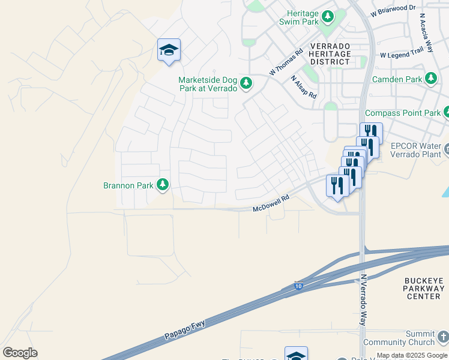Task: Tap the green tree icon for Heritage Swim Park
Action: pyautogui.click(x=328, y=17)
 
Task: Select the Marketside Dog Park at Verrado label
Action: pyautogui.click(x=208, y=83)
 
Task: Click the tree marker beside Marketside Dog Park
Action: pyautogui.click(x=246, y=83)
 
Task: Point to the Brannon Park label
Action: pyautogui.click(x=128, y=185)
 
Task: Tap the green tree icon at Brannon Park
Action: pyautogui.click(x=162, y=185)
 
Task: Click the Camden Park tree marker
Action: pyautogui.click(x=430, y=79)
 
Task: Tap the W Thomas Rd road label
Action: pyautogui.click(x=285, y=62)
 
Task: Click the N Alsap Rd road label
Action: pyautogui.click(x=303, y=88)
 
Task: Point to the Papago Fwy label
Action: pyautogui.click(x=184, y=329)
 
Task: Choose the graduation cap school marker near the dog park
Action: pyautogui.click(x=169, y=50)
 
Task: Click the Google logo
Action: pyautogui.click(x=20, y=353)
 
